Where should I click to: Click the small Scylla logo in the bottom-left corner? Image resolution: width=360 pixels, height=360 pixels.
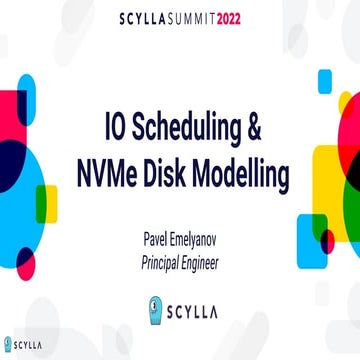(22, 345)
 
